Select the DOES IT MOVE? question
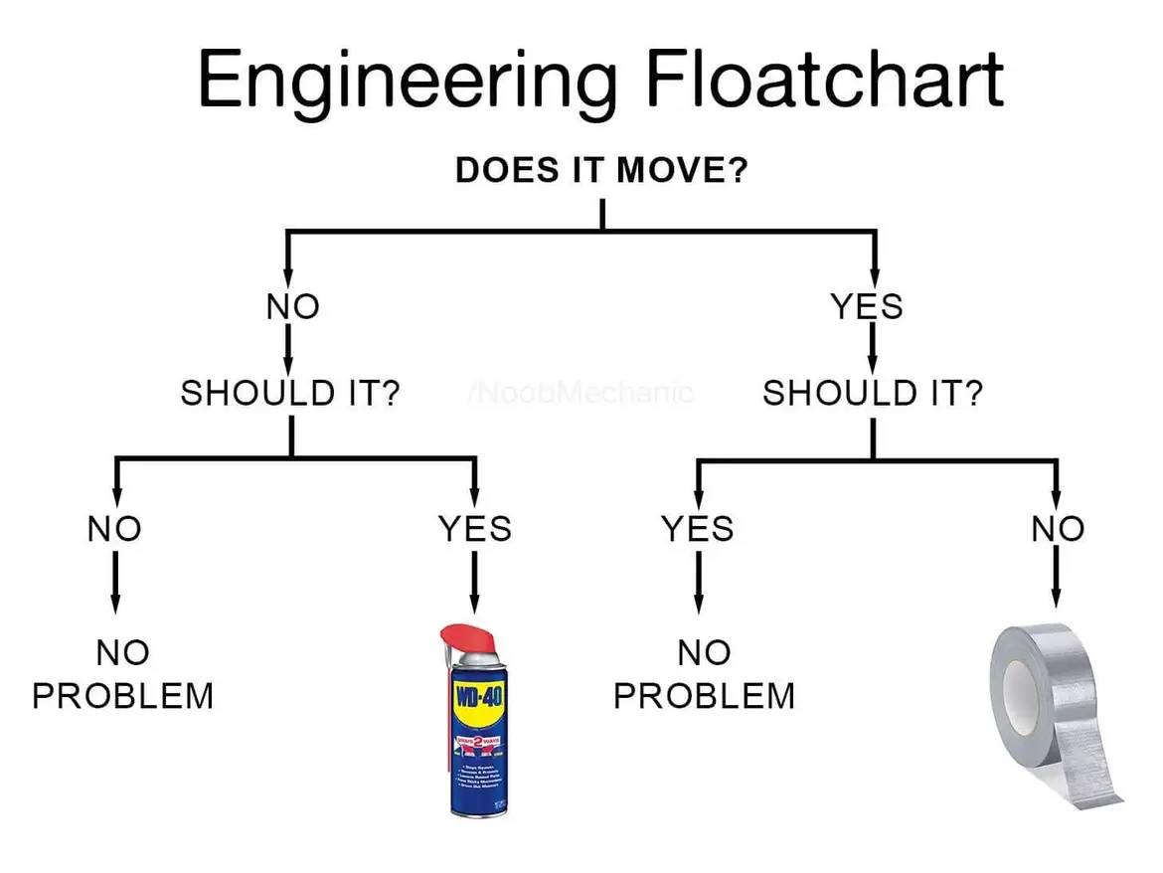click(x=601, y=170)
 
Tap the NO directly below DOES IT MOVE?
click(x=292, y=307)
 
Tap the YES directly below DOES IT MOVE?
click(x=868, y=306)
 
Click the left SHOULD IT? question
click(x=290, y=394)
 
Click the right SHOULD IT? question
click(x=873, y=394)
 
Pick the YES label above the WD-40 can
click(x=475, y=528)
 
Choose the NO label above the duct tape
click(x=1058, y=528)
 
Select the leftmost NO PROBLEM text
click(x=123, y=674)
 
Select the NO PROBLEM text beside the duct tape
click(x=705, y=674)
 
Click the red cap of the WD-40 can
click(x=467, y=640)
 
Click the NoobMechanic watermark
click(x=580, y=392)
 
